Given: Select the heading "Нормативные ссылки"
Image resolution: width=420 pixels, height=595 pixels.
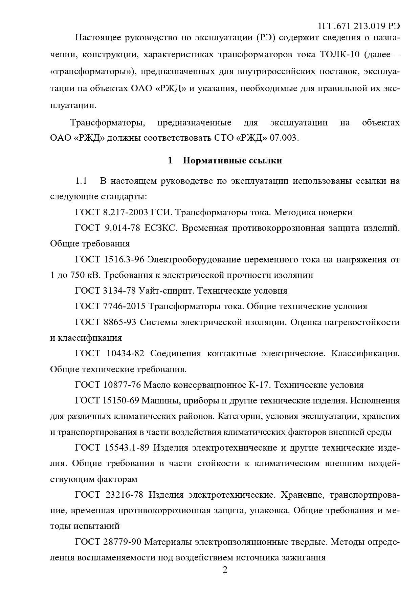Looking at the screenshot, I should pyautogui.click(x=232, y=160).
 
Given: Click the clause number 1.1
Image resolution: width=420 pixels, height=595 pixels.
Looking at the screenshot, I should pyautogui.click(x=81, y=181).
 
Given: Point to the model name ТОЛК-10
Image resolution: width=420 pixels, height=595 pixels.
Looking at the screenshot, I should pyautogui.click(x=339, y=55).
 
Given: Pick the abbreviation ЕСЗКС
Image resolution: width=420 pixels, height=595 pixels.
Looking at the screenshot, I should pyautogui.click(x=160, y=228).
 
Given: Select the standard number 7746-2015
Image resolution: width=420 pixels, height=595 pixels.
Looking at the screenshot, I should pyautogui.click(x=124, y=306).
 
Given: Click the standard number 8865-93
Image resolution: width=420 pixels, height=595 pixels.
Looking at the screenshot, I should pyautogui.click(x=119, y=322).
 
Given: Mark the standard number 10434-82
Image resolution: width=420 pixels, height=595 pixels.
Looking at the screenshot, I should pyautogui.click(x=126, y=354).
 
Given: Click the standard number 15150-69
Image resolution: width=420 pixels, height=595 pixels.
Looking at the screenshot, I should pyautogui.click(x=121, y=401).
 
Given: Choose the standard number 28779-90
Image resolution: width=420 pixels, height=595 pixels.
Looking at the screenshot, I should pyautogui.click(x=121, y=542).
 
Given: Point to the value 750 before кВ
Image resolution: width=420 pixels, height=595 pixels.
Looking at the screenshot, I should pyautogui.click(x=77, y=275).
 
